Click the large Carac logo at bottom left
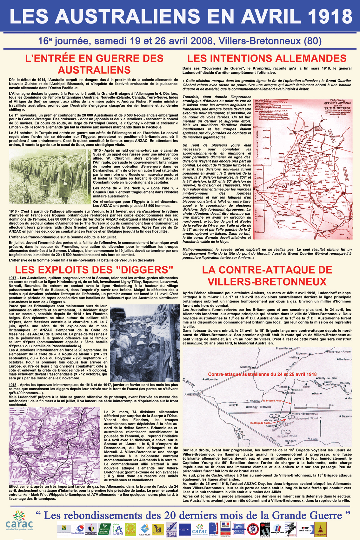[x=19, y=521]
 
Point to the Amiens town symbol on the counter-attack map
[x=199, y=395]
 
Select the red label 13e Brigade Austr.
[x=260, y=423]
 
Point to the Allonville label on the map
[x=211, y=379]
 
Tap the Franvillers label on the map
[x=283, y=348]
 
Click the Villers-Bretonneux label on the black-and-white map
[x=305, y=414]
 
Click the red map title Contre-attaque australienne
[x=262, y=374]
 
